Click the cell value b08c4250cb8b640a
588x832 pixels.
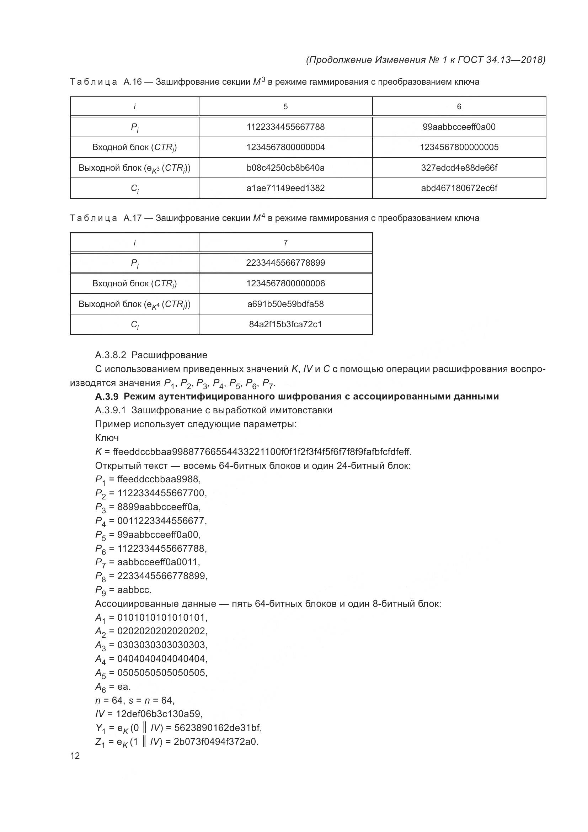(285, 168)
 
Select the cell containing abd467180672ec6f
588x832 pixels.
(459, 188)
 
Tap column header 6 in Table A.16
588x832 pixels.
(459, 107)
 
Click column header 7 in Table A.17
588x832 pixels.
(285, 243)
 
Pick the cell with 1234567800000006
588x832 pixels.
(285, 283)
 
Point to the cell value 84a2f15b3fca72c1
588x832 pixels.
(285, 324)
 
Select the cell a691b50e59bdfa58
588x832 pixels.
(285, 304)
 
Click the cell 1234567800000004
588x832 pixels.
(285, 147)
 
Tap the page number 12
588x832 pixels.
(75, 756)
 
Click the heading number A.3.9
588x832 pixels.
(106, 396)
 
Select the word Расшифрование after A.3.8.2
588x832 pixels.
(169, 355)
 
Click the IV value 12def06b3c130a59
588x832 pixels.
(159, 714)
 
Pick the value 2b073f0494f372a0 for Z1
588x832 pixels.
(216, 742)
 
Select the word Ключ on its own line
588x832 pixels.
(107, 438)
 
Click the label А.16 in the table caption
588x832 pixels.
(132, 82)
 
